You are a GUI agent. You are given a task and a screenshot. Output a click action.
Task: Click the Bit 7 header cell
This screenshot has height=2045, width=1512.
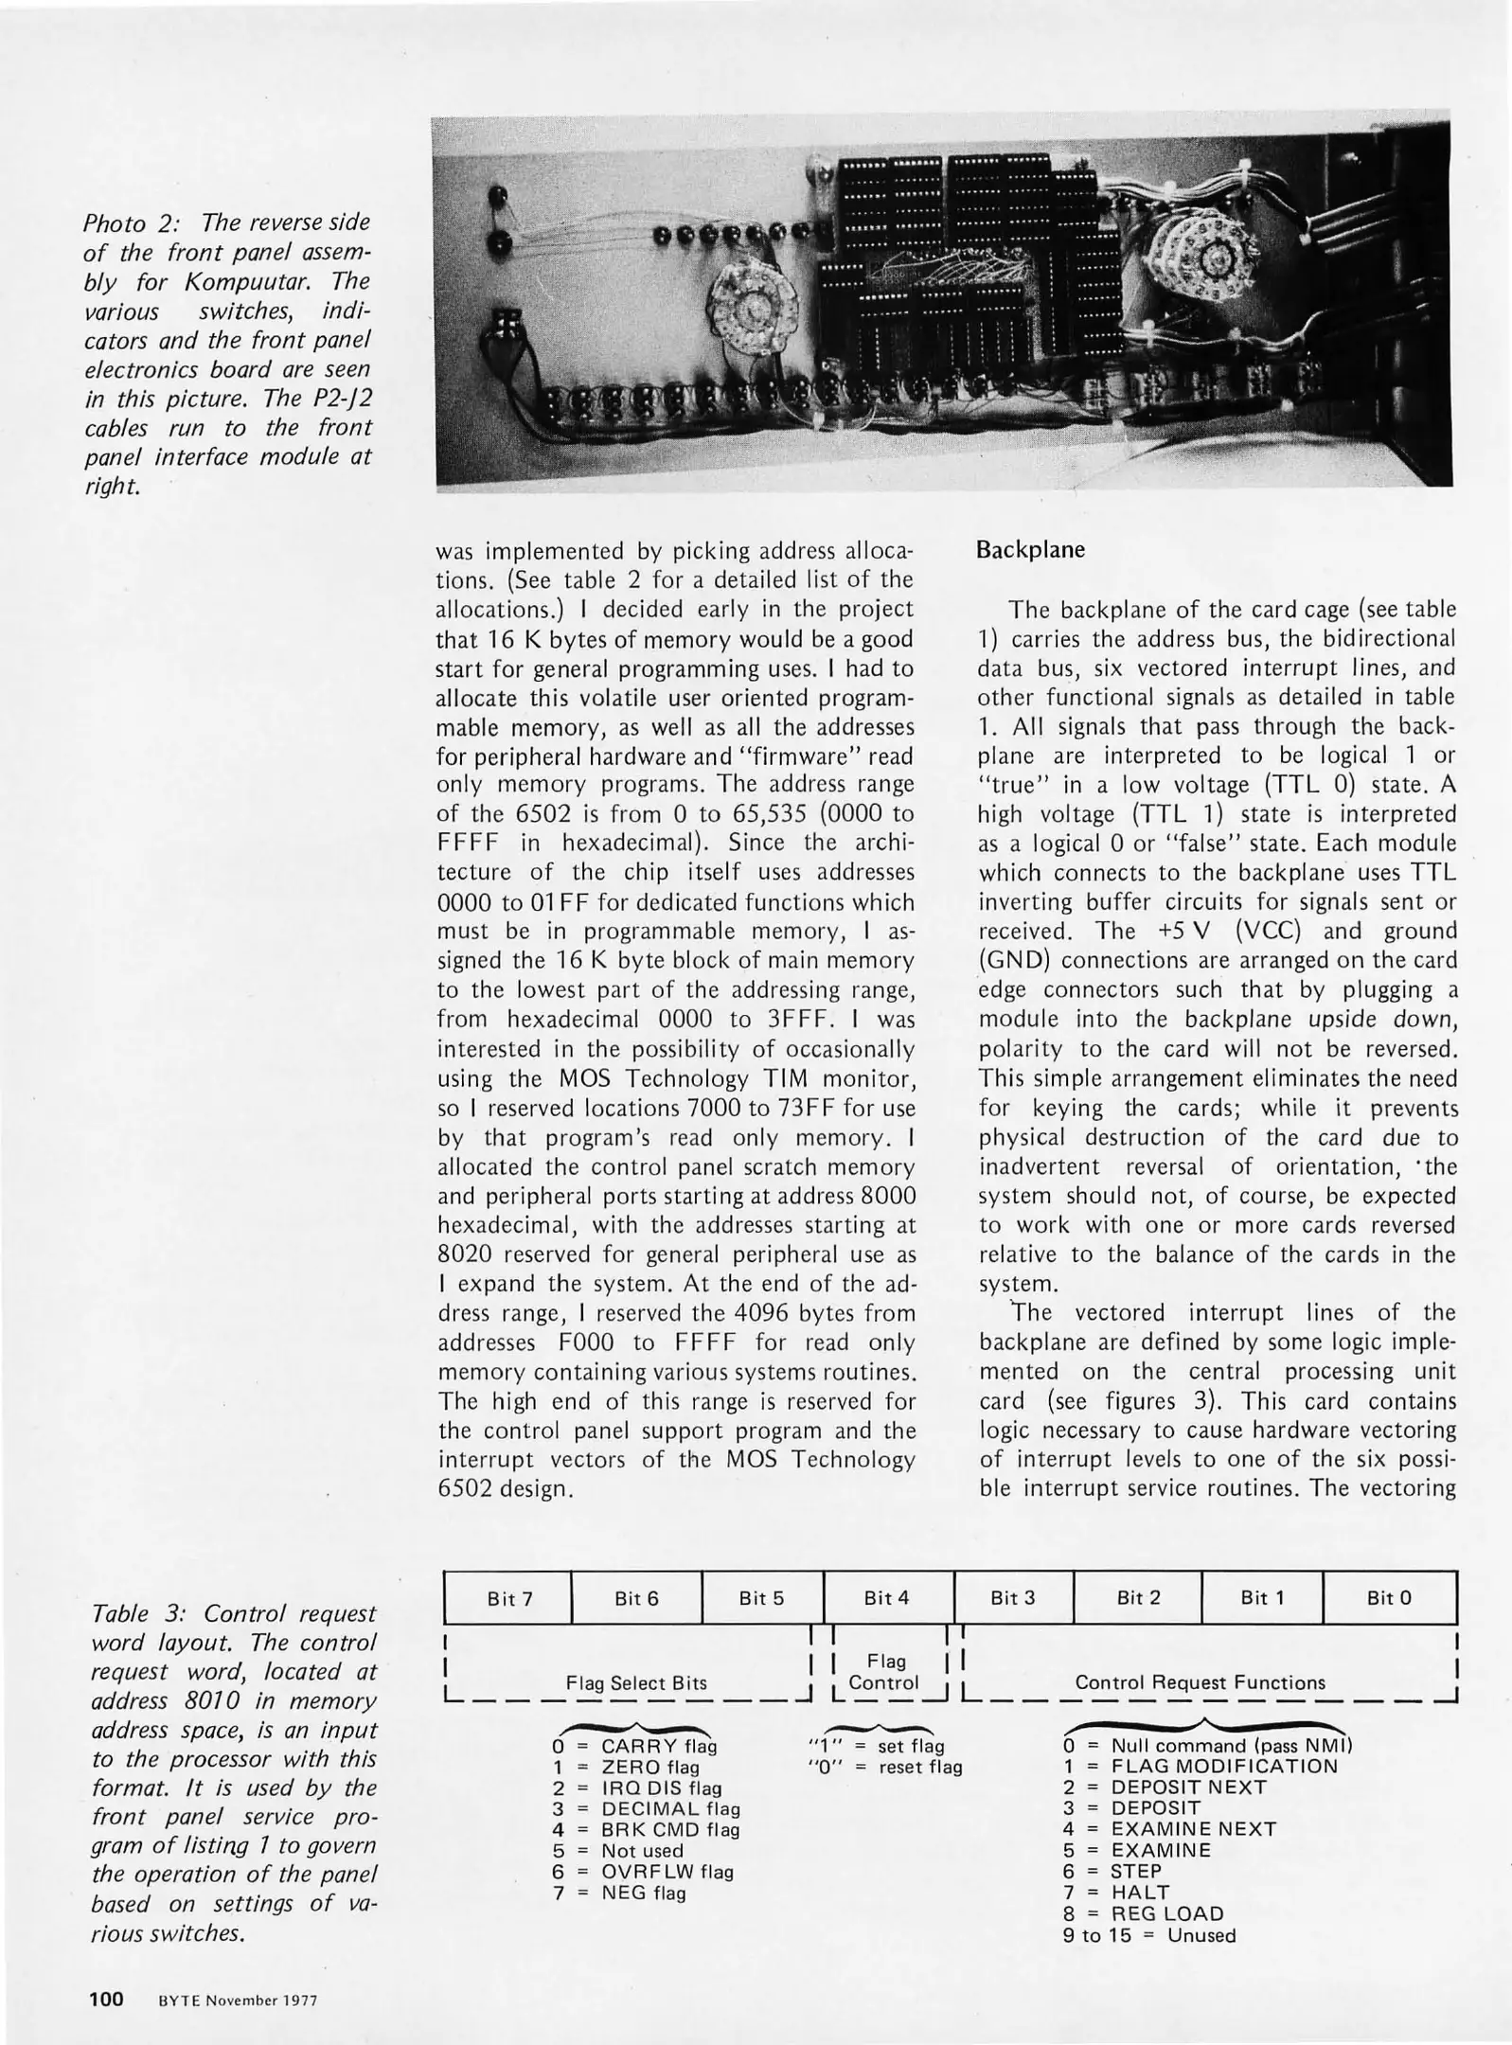click(509, 1599)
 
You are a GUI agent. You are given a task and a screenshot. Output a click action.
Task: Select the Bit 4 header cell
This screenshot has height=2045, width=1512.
click(886, 1598)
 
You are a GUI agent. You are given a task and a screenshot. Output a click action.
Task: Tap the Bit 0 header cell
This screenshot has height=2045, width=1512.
click(1388, 1598)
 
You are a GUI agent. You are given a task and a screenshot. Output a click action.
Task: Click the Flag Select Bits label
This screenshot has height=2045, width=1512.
click(636, 1683)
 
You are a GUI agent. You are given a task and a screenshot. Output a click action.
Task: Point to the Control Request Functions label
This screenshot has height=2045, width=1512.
click(1200, 1683)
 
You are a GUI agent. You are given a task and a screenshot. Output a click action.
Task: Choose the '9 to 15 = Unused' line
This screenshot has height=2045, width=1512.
click(1148, 1935)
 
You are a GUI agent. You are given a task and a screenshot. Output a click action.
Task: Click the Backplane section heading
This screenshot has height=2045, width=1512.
click(1030, 550)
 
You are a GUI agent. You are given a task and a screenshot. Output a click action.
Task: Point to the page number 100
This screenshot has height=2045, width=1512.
click(106, 2000)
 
